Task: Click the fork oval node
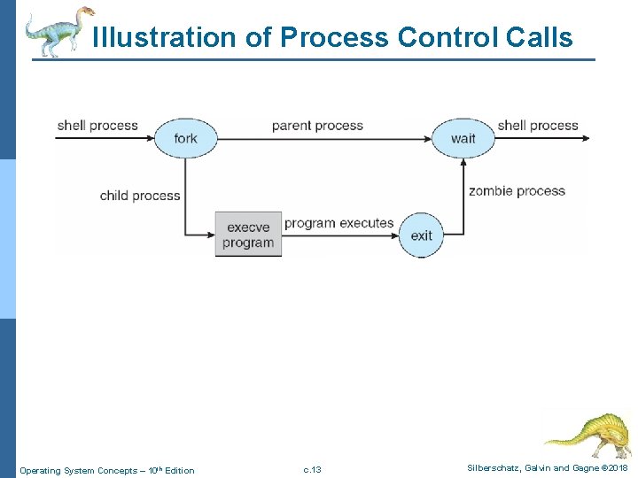185,138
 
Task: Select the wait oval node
463,138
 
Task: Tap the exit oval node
421,235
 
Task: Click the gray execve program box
248,235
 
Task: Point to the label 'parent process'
317,125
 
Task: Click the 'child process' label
140,196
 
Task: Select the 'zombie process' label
517,190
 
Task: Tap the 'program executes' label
338,223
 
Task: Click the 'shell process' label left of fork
97,125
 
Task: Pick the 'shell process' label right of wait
538,125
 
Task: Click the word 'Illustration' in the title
150,38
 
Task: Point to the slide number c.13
312,469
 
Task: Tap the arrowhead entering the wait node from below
463,163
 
